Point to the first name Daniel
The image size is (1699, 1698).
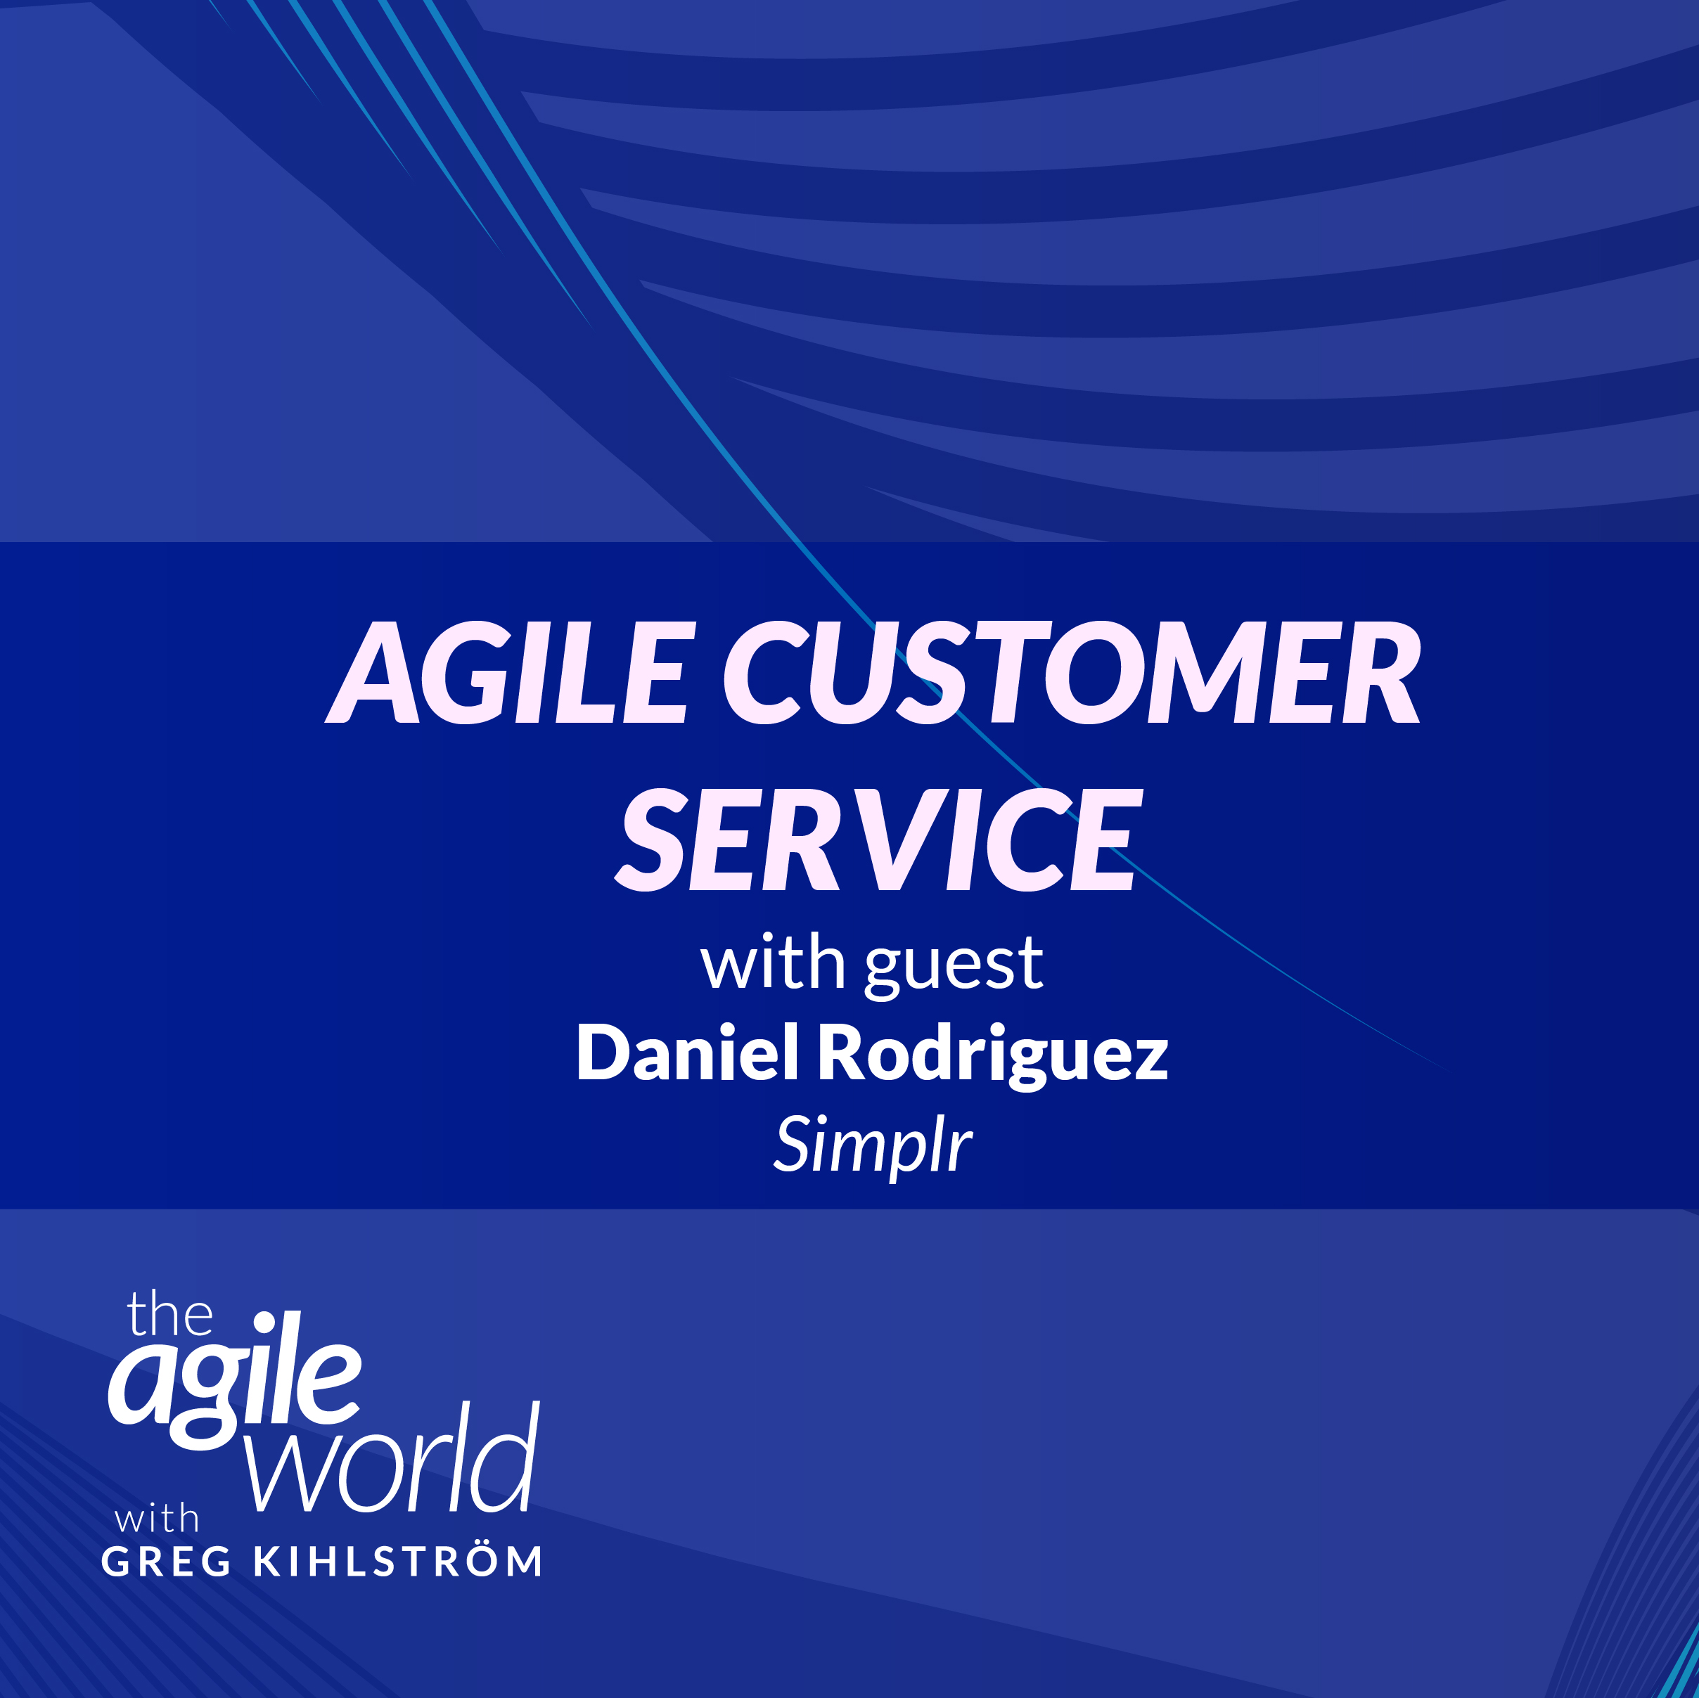pos(688,1053)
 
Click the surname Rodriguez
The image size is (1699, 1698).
pos(994,1057)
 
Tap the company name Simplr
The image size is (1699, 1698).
pos(873,1147)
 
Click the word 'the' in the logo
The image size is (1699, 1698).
pos(169,1315)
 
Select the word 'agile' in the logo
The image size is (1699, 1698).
pos(234,1378)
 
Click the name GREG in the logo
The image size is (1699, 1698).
pos(166,1562)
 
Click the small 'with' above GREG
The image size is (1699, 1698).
pos(157,1519)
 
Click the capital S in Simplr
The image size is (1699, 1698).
pos(794,1143)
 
